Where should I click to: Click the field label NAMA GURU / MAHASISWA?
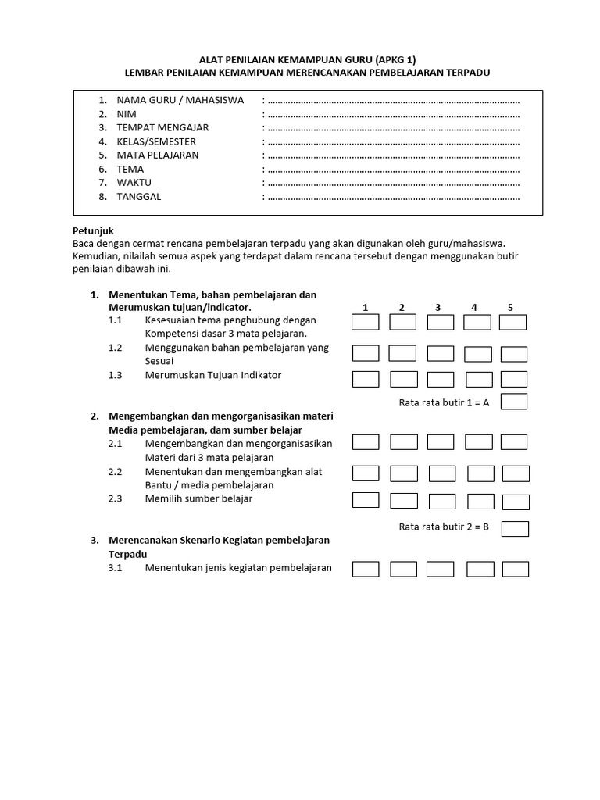click(180, 100)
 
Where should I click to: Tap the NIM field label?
click(127, 114)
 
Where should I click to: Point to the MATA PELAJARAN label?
click(158, 155)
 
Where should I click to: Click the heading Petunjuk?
click(93, 231)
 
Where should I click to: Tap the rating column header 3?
click(438, 308)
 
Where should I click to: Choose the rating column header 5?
click(511, 308)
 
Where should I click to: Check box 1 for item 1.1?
click(366, 323)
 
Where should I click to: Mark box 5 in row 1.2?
click(514, 354)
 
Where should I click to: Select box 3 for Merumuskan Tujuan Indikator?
click(441, 380)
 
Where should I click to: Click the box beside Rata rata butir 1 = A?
click(514, 402)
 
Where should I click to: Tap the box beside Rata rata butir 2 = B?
click(515, 529)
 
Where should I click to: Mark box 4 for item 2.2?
click(480, 473)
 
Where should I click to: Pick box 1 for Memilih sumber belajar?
click(366, 500)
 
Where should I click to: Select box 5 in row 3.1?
click(515, 570)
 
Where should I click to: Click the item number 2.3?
click(116, 499)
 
